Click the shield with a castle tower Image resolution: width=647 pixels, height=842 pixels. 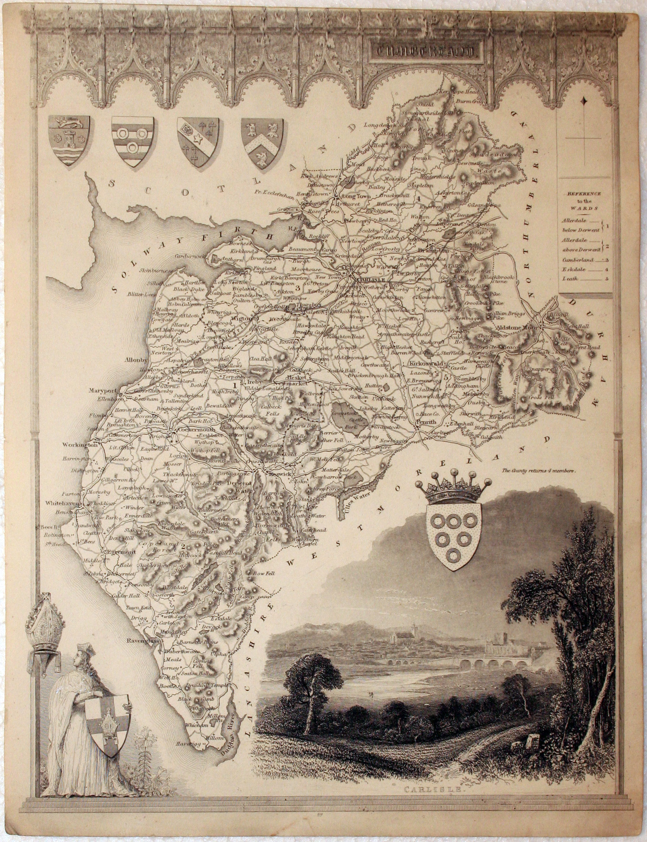(x=68, y=140)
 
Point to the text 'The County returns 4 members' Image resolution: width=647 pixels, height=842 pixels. (x=538, y=470)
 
